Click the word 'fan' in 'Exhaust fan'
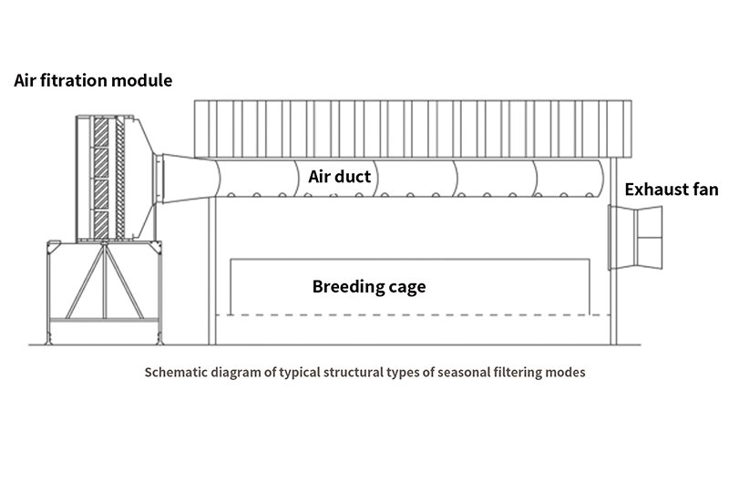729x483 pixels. [x=704, y=190]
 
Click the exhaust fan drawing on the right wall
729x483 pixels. [x=635, y=238]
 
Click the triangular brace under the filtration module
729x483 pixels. [x=105, y=282]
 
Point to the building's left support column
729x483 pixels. [x=212, y=271]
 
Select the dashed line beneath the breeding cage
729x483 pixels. [x=413, y=315]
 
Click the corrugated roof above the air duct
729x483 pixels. [x=413, y=128]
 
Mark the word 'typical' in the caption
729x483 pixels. [x=300, y=373]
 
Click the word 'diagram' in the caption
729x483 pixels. [x=236, y=373]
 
